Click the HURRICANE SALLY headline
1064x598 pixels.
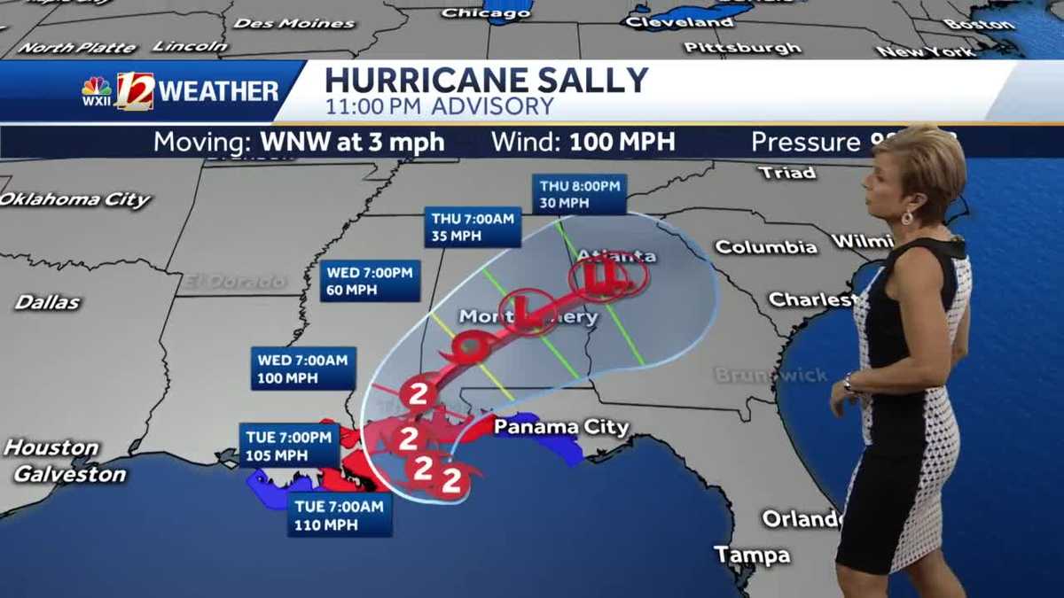pos(486,80)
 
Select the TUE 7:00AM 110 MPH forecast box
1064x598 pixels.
pos(339,515)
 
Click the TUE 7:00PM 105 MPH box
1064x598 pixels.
pos(290,446)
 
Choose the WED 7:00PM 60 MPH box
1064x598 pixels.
pos(370,281)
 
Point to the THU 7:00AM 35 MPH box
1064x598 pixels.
pos(473,227)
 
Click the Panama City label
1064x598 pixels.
pos(560,427)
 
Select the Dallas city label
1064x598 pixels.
pos(47,302)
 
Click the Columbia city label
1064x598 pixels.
pos(765,247)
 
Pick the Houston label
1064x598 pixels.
pos(51,447)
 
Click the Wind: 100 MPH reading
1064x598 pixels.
pos(583,142)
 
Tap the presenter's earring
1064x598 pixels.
pos(908,217)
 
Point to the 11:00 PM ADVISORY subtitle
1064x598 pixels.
pos(439,107)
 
